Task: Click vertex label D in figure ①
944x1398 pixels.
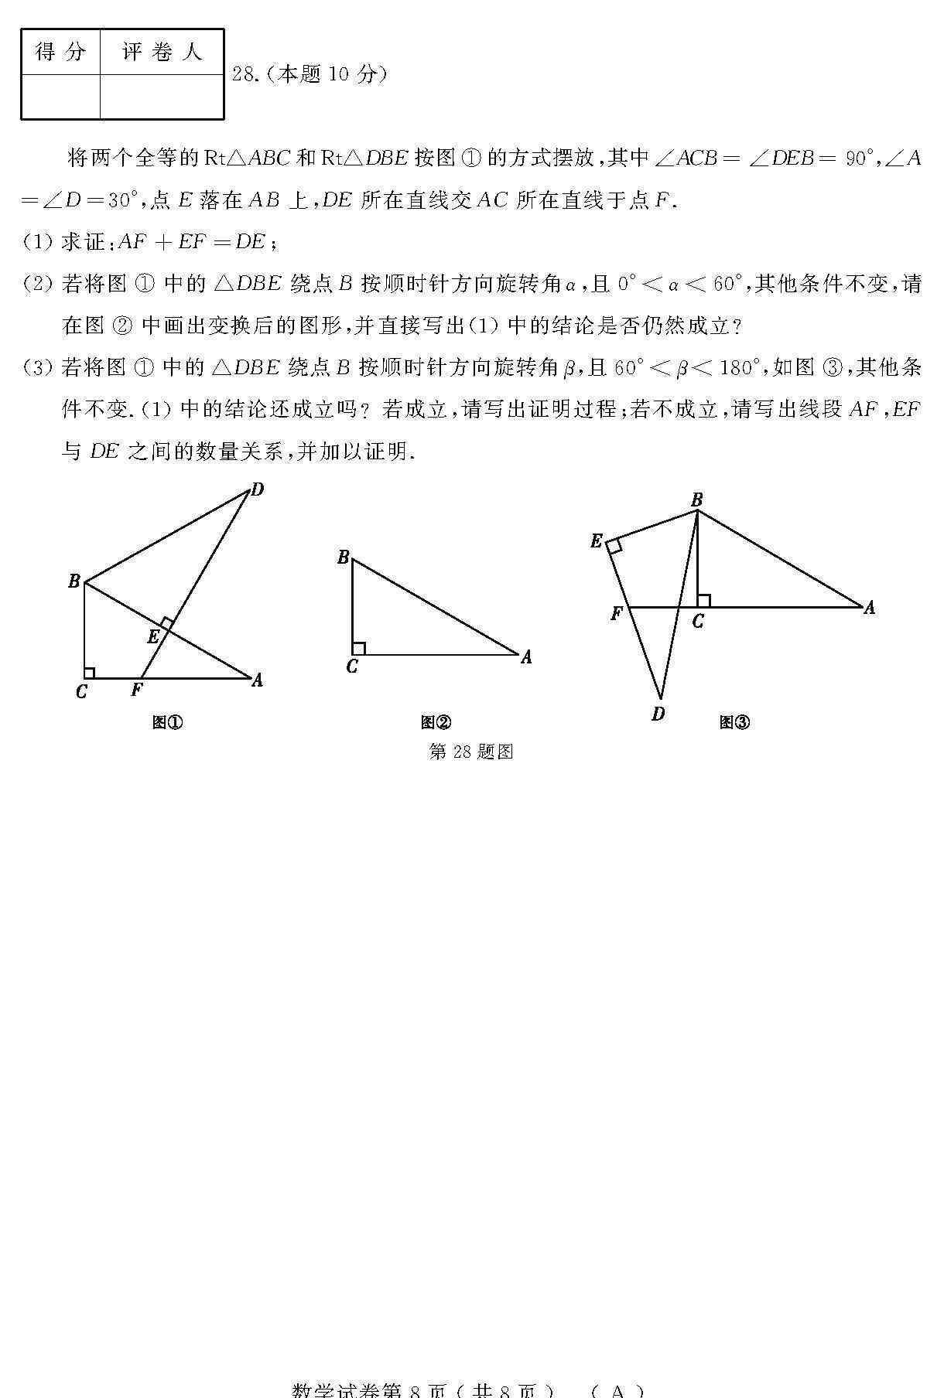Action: pyautogui.click(x=258, y=489)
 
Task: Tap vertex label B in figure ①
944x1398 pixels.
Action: pyautogui.click(x=74, y=581)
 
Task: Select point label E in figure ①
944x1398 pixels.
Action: pyautogui.click(x=153, y=636)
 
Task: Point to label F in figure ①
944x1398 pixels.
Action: pyautogui.click(x=137, y=689)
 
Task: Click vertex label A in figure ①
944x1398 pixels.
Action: pyautogui.click(x=258, y=680)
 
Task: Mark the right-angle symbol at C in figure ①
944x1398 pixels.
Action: pyautogui.click(x=90, y=673)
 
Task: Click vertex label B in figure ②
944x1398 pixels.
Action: pyautogui.click(x=344, y=557)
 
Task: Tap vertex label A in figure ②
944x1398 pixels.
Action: pyautogui.click(x=526, y=657)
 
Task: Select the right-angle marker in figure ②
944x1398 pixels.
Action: pyautogui.click(x=358, y=649)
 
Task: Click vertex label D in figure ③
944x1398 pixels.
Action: pyautogui.click(x=658, y=714)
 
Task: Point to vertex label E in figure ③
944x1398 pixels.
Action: pyautogui.click(x=596, y=541)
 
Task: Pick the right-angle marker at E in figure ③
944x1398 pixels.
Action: pyautogui.click(x=614, y=547)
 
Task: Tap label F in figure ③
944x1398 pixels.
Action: pyautogui.click(x=617, y=614)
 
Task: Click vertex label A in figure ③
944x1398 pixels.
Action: pyautogui.click(x=869, y=609)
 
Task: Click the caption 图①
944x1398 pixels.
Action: pyautogui.click(x=168, y=723)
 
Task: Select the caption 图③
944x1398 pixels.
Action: pyautogui.click(x=734, y=723)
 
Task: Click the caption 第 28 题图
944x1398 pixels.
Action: pyautogui.click(x=471, y=752)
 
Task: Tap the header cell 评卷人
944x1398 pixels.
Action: pyautogui.click(x=162, y=53)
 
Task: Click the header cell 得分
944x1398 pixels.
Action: pyautogui.click(x=61, y=53)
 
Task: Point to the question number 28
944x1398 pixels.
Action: pyautogui.click(x=245, y=74)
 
